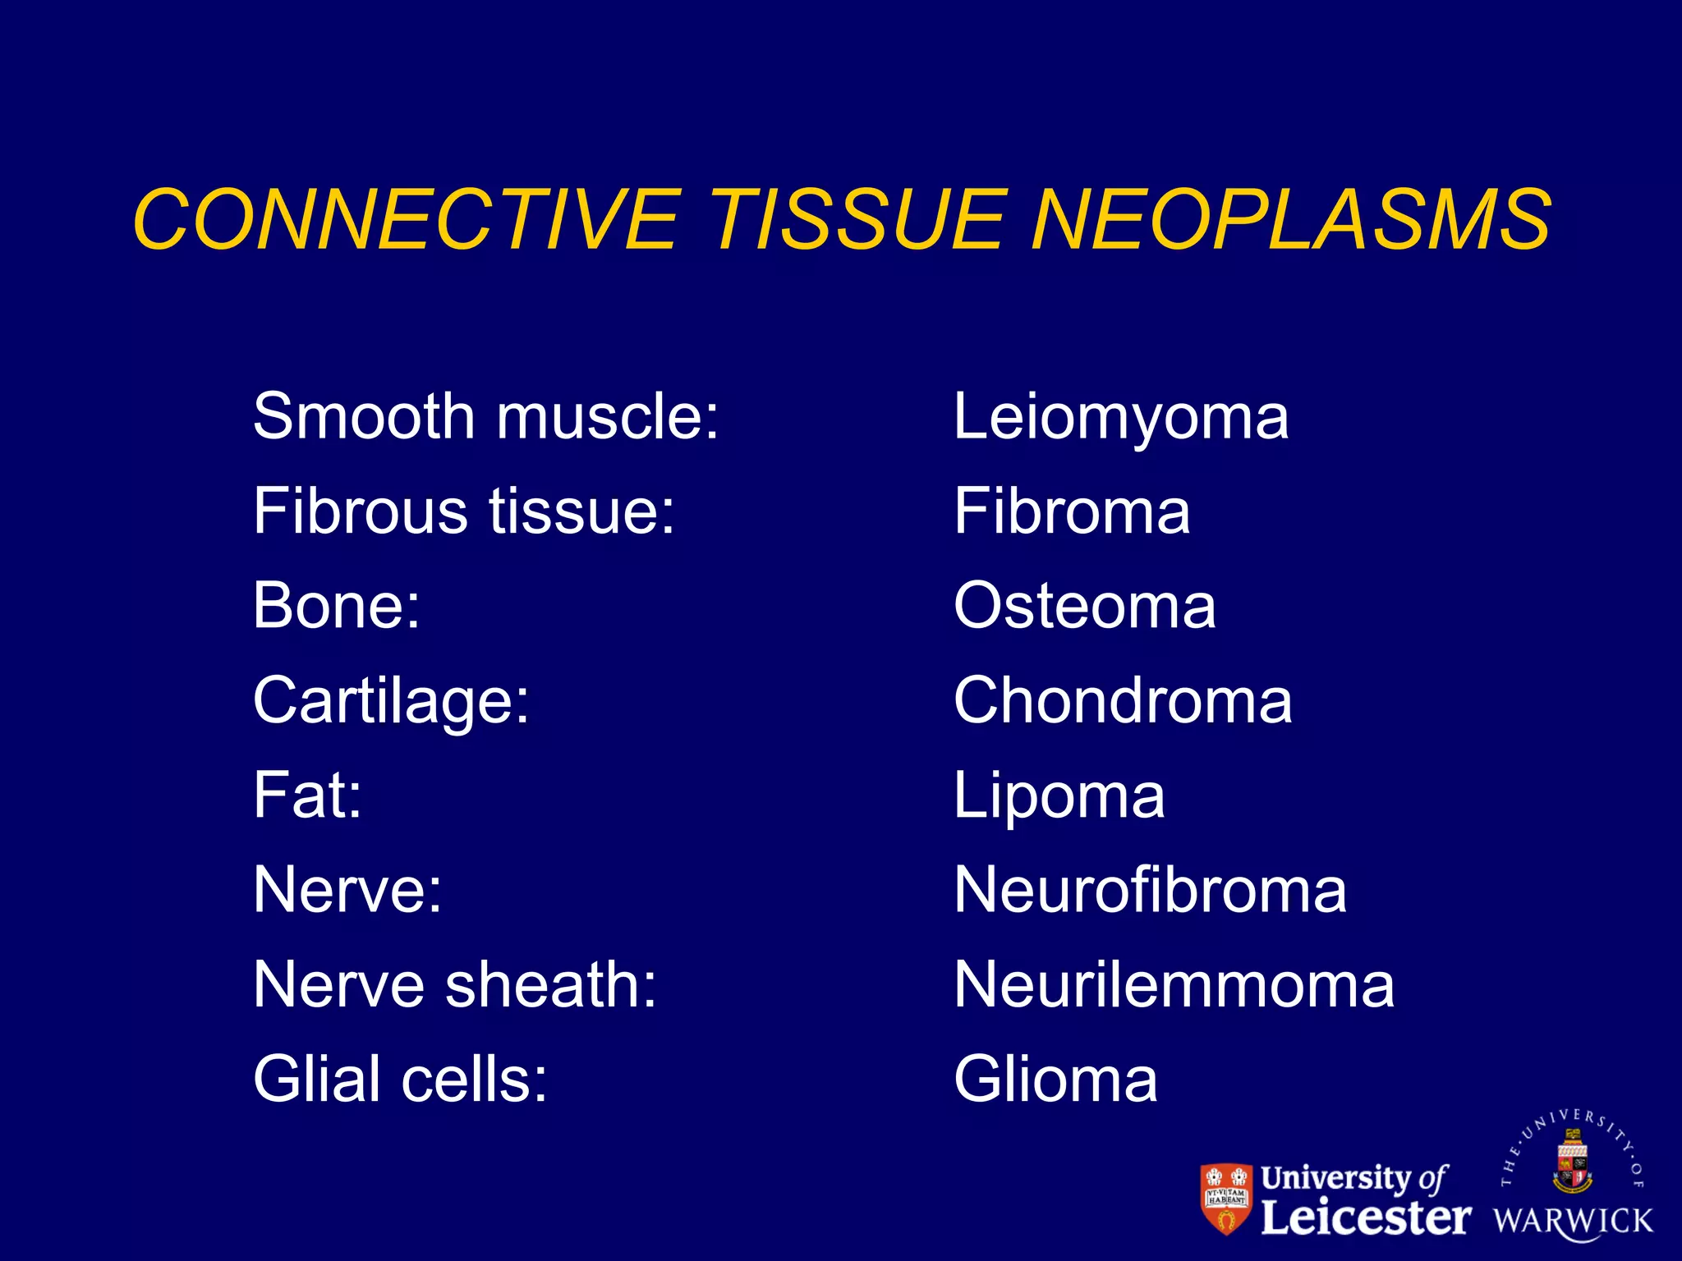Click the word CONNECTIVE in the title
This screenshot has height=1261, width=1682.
407,219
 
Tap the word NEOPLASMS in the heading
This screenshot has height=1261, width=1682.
1291,219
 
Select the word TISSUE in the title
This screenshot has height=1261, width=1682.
857,219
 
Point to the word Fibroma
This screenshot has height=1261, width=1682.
1071,511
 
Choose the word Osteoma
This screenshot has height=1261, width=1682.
1084,606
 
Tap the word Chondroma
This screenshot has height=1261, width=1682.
1123,701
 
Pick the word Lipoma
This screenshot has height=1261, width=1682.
1059,796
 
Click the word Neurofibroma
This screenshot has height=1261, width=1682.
1150,891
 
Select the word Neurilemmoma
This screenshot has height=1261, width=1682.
1174,985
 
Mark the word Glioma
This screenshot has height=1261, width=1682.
1055,1080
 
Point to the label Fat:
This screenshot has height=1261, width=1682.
307,796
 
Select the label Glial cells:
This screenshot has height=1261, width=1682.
400,1080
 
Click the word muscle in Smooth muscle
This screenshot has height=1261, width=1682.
608,417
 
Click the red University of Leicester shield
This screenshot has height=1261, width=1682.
1227,1199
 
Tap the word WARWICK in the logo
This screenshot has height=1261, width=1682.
1573,1221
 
